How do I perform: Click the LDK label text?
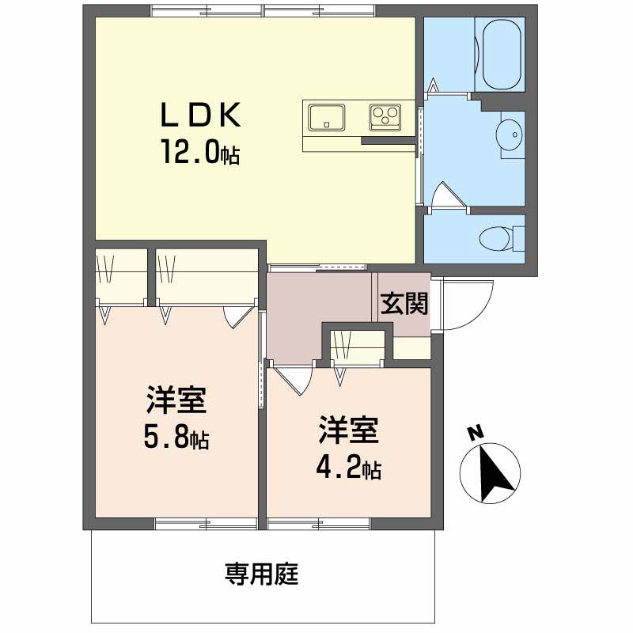click(201, 115)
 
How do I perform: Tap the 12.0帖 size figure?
click(201, 152)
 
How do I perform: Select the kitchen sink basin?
click(327, 117)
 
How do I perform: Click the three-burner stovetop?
click(385, 117)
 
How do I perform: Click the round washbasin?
click(511, 135)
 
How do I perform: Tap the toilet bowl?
click(496, 239)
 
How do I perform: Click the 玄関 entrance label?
click(404, 304)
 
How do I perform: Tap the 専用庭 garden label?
click(262, 574)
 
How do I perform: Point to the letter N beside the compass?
click(476, 433)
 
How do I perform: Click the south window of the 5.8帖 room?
click(207, 524)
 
